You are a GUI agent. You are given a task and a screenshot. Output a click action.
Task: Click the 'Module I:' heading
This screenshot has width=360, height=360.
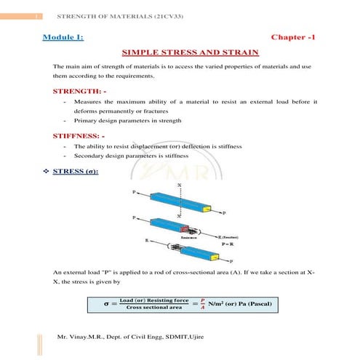(75, 36)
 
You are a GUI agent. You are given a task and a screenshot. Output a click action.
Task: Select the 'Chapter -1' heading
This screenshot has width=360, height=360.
(294, 36)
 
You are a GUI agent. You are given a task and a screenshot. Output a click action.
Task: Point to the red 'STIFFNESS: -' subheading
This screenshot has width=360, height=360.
(84, 135)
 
